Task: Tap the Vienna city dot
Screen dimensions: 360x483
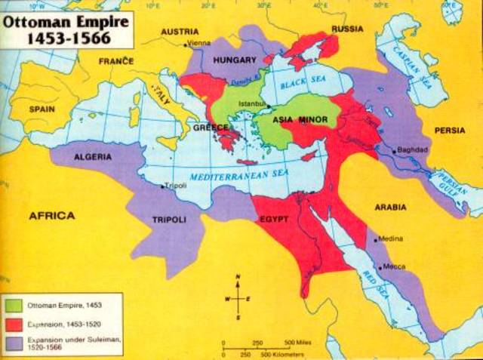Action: click(x=186, y=45)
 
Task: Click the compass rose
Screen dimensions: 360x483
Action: click(x=238, y=298)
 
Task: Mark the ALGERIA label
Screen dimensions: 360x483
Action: click(x=94, y=156)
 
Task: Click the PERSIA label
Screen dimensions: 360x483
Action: click(x=451, y=130)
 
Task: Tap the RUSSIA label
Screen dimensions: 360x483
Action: click(x=347, y=29)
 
